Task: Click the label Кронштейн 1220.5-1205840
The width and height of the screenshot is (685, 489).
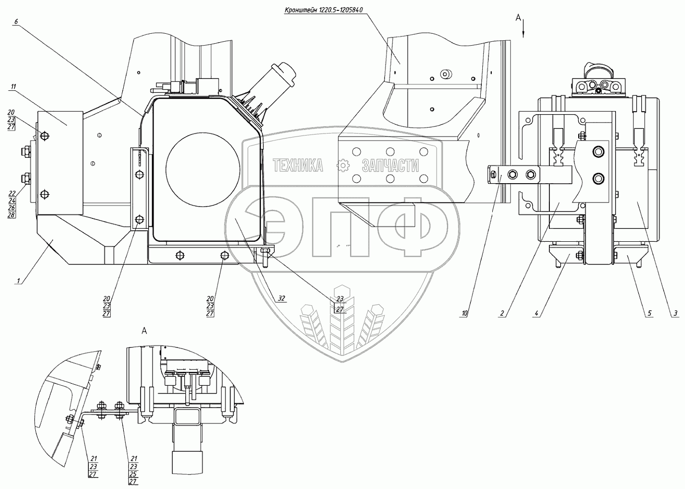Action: [323, 10]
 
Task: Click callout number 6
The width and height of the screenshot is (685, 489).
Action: [16, 21]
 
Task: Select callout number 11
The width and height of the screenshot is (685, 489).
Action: [13, 87]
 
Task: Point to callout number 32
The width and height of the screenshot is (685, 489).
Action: [281, 298]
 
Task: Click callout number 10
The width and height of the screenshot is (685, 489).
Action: [464, 313]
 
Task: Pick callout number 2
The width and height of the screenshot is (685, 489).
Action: [502, 313]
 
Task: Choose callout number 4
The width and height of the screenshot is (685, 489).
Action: [536, 313]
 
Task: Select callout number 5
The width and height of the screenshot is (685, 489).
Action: [649, 313]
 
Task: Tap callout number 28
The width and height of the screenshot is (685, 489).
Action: [11, 214]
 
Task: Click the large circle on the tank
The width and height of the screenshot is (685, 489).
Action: [203, 169]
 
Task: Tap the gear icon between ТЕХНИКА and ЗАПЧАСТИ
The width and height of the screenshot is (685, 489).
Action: [343, 165]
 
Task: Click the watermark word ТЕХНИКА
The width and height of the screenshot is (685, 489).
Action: [298, 165]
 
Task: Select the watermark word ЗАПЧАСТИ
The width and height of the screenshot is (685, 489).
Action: [390, 165]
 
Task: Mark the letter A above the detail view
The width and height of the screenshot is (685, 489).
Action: [145, 331]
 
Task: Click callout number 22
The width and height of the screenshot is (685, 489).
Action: [11, 193]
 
